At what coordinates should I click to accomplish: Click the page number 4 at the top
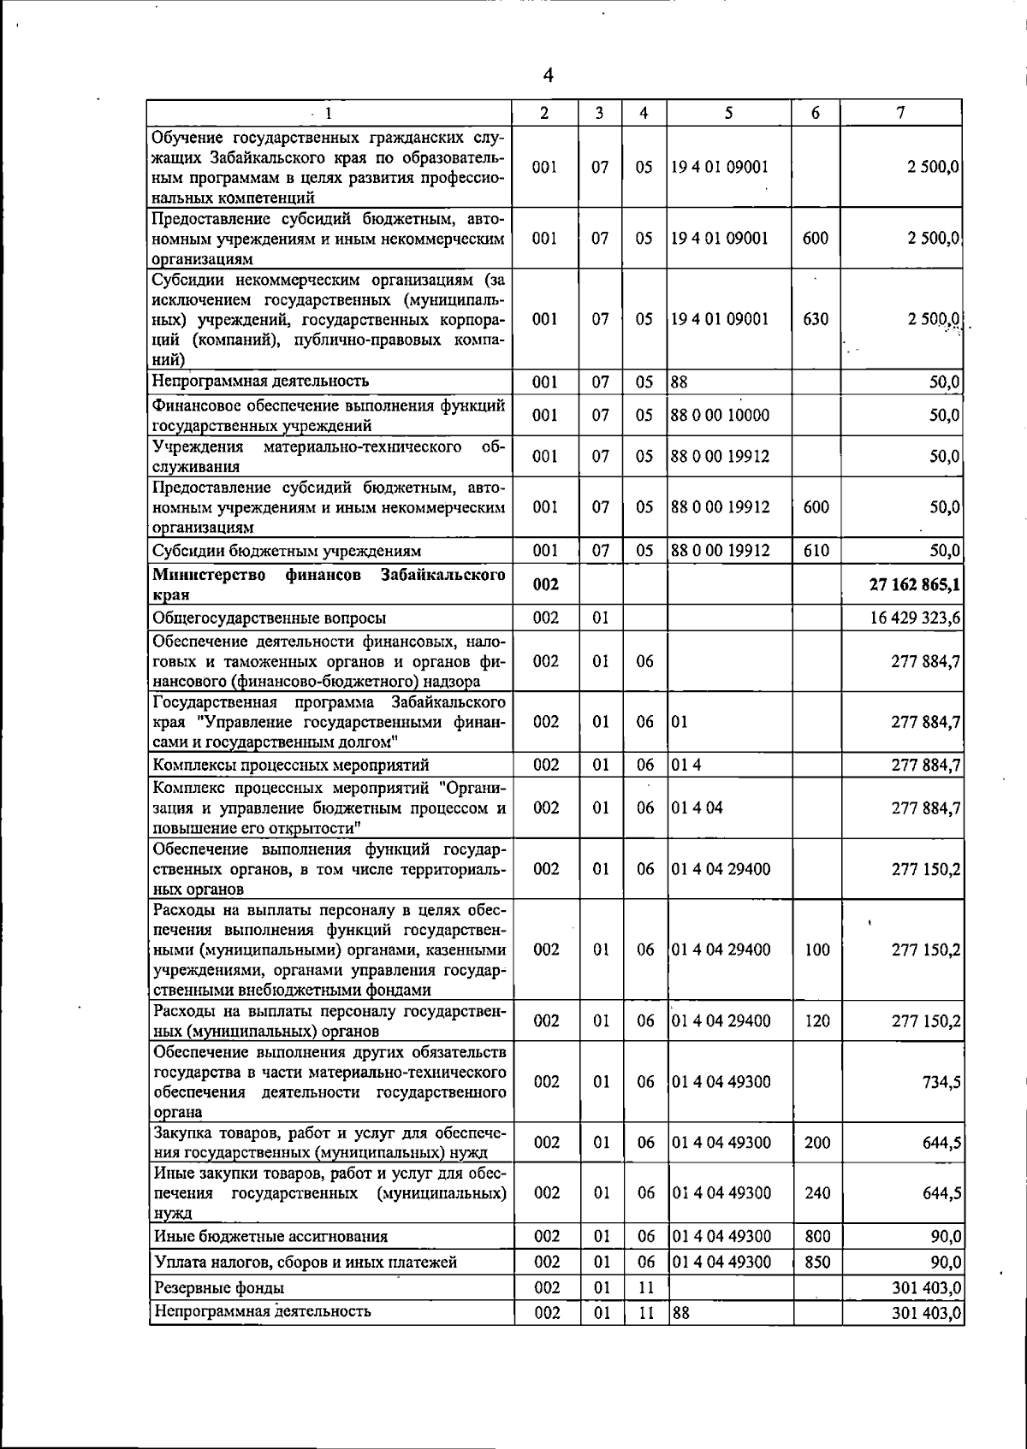click(548, 76)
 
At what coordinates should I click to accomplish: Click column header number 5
click(728, 113)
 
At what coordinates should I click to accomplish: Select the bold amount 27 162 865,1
click(914, 583)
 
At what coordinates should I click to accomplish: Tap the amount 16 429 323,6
click(915, 618)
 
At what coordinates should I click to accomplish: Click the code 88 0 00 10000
click(720, 415)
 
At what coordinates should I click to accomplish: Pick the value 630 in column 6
click(816, 319)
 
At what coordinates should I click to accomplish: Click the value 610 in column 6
click(816, 551)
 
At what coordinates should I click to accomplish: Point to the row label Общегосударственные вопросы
click(269, 618)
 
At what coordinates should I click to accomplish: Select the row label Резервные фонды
click(218, 1287)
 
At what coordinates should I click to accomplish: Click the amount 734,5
click(941, 1082)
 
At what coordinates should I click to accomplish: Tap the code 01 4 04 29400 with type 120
click(721, 1020)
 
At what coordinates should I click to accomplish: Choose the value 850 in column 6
click(817, 1262)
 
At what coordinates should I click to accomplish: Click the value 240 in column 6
click(817, 1192)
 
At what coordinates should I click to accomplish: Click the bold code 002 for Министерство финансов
click(546, 583)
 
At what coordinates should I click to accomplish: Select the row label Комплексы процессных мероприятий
click(291, 765)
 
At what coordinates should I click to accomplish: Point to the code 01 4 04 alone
click(697, 807)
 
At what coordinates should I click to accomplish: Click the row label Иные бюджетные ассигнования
click(270, 1236)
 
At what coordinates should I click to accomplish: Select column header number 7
click(901, 113)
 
